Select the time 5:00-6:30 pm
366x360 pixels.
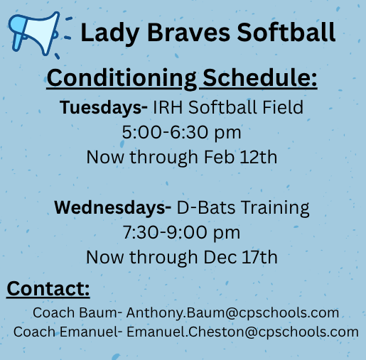pos(182,132)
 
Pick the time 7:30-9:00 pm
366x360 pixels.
pos(182,232)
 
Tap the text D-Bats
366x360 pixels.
pos(201,208)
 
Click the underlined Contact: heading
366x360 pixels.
pos(48,289)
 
